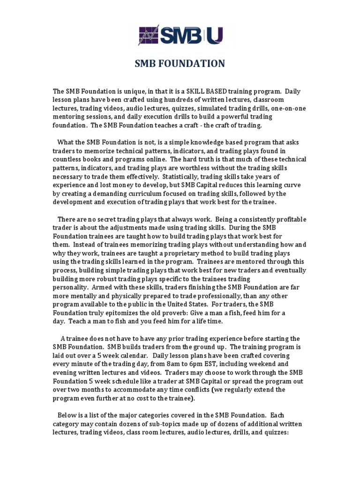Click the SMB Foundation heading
[180, 63]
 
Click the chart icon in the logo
[149, 35]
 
